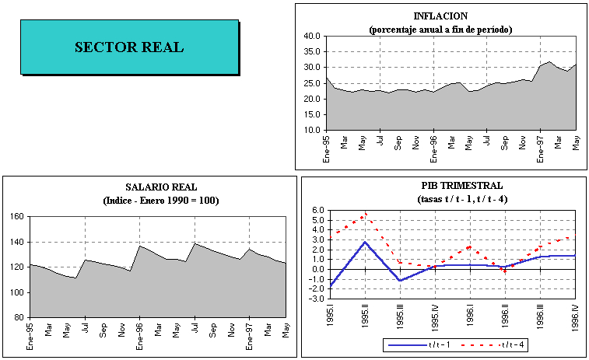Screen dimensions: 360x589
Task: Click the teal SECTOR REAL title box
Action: [x=129, y=47]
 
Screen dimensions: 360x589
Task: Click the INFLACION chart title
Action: [x=440, y=16]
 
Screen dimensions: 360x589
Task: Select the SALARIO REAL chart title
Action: [x=161, y=187]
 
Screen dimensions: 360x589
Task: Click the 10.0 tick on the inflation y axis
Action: [x=313, y=130]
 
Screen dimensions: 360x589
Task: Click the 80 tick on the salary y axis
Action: [x=18, y=317]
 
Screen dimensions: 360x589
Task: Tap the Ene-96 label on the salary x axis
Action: [x=140, y=334]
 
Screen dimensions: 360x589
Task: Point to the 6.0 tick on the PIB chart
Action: [x=318, y=210]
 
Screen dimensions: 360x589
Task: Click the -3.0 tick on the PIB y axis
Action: [x=317, y=299]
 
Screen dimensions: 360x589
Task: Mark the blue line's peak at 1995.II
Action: [x=366, y=242]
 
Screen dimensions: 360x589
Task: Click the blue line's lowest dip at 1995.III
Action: [x=400, y=280]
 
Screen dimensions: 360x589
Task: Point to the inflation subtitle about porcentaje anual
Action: [x=440, y=29]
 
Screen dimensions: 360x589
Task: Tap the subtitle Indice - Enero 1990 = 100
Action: [x=161, y=201]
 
